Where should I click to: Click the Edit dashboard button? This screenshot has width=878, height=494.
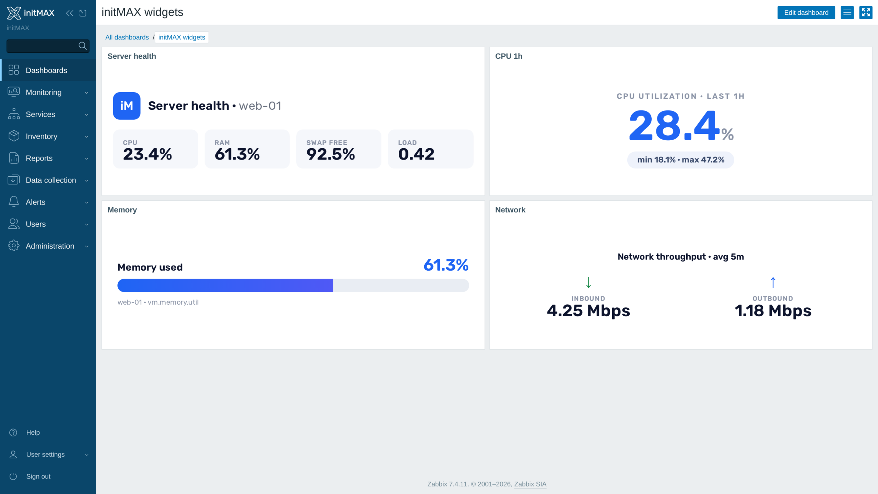[806, 13]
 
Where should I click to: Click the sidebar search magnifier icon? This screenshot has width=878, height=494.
[83, 46]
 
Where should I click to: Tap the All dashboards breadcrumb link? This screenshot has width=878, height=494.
[127, 37]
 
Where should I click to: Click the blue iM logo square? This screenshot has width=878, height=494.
[127, 106]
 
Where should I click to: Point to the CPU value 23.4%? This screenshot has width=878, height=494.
[147, 154]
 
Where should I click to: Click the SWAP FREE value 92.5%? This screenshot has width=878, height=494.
[331, 154]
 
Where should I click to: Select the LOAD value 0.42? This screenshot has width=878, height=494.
[416, 154]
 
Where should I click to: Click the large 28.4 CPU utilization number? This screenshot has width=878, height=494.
[674, 126]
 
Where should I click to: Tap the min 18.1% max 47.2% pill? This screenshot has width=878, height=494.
[680, 160]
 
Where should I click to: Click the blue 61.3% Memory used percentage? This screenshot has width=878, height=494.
[446, 265]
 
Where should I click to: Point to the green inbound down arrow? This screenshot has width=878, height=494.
[589, 283]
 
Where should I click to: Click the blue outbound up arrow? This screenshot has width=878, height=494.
[773, 283]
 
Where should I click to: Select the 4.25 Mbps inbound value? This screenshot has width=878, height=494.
[589, 311]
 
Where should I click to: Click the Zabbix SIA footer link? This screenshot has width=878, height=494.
[530, 484]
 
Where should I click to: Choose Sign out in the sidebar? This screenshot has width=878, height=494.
[38, 477]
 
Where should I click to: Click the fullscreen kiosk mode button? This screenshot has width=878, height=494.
[866, 13]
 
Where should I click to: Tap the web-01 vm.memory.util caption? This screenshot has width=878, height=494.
[158, 302]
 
